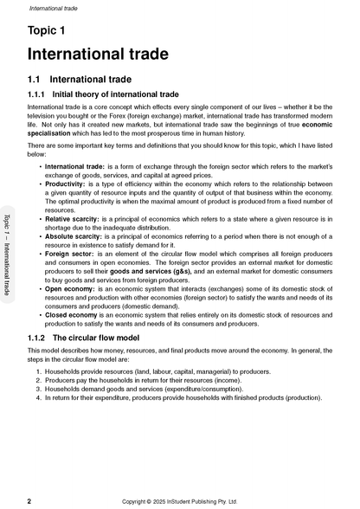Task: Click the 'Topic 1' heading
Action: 46,31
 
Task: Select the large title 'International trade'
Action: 98,55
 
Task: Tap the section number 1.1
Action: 36,80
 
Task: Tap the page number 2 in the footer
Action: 30,500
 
